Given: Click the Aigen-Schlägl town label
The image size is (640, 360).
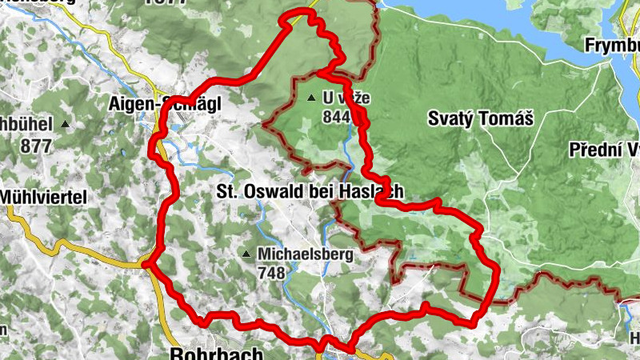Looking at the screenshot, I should point(166,103).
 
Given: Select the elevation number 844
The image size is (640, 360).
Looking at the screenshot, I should point(338,117).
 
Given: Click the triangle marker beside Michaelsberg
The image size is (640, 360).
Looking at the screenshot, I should point(246,255).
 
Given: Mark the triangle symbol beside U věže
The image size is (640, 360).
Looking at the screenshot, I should point(310,98).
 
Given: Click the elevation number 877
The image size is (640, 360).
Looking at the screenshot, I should point(37,146).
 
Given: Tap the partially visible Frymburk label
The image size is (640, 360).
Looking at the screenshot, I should point(612,44).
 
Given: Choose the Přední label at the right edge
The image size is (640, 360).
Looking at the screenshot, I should point(604,150).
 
